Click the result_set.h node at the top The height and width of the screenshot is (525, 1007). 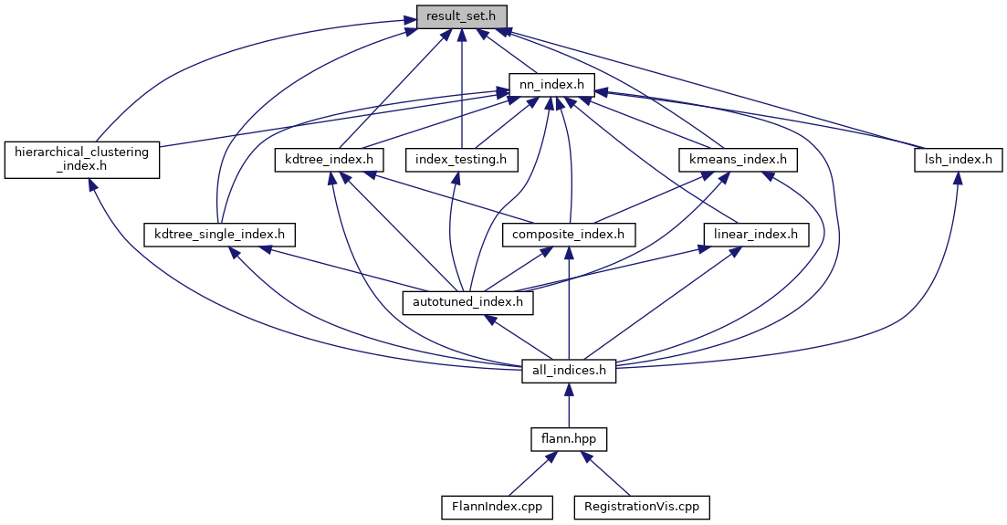point(461,16)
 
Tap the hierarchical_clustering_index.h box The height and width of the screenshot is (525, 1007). point(82,159)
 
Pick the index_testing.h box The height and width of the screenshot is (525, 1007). point(461,160)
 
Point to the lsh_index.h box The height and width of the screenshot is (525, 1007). point(954,160)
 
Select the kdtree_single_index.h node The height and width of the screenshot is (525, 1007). point(220,235)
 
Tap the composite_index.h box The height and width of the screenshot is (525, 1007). point(569,235)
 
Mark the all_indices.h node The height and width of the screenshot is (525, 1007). point(569,371)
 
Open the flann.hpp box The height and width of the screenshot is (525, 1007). point(569,439)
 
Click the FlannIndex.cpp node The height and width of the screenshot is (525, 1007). point(497,506)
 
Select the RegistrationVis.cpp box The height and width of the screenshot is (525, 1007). point(641,506)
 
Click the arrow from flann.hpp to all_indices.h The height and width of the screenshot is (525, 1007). point(569,405)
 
